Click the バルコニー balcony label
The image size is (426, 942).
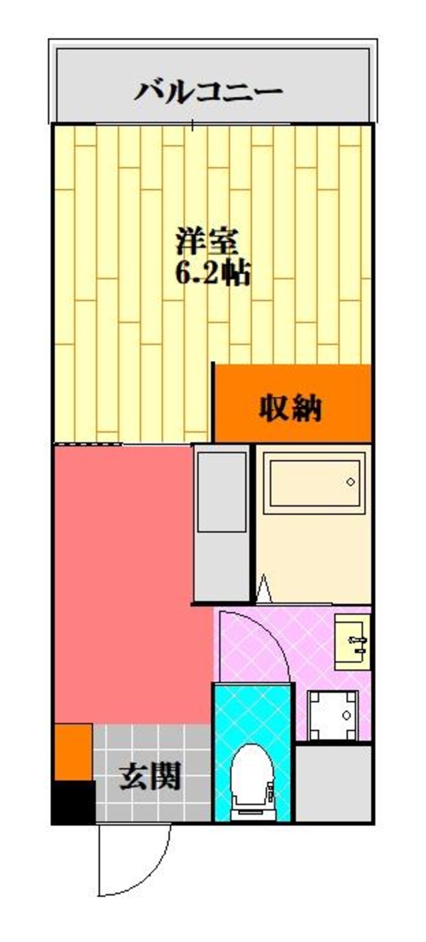(208, 93)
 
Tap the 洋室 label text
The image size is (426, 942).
(207, 242)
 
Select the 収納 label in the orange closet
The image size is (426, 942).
(290, 408)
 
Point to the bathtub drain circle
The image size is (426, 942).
(350, 482)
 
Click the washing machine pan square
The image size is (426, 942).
(333, 715)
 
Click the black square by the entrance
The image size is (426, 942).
(74, 802)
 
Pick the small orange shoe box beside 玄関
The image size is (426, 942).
(73, 752)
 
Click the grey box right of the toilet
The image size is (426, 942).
(333, 783)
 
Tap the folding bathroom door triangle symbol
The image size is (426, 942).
(263, 589)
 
